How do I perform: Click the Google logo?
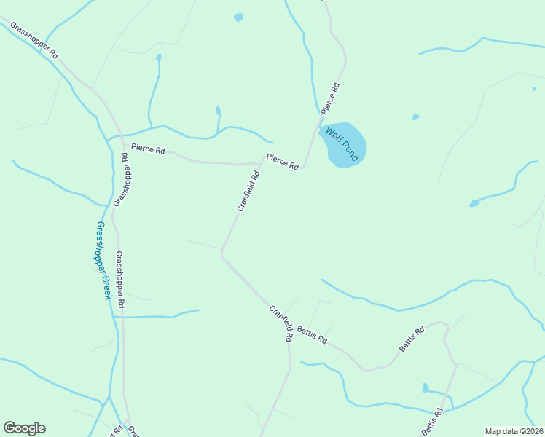(24, 428)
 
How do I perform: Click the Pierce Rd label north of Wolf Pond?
(330, 99)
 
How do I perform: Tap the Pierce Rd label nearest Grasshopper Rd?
(148, 149)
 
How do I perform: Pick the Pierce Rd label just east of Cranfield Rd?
(283, 162)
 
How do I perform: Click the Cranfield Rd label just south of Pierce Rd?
(248, 191)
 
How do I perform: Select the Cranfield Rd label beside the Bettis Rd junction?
(281, 323)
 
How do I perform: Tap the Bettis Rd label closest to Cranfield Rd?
(312, 336)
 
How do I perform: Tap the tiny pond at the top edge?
(238, 17)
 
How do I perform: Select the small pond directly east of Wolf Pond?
(415, 117)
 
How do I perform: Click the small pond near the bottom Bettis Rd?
(425, 388)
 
